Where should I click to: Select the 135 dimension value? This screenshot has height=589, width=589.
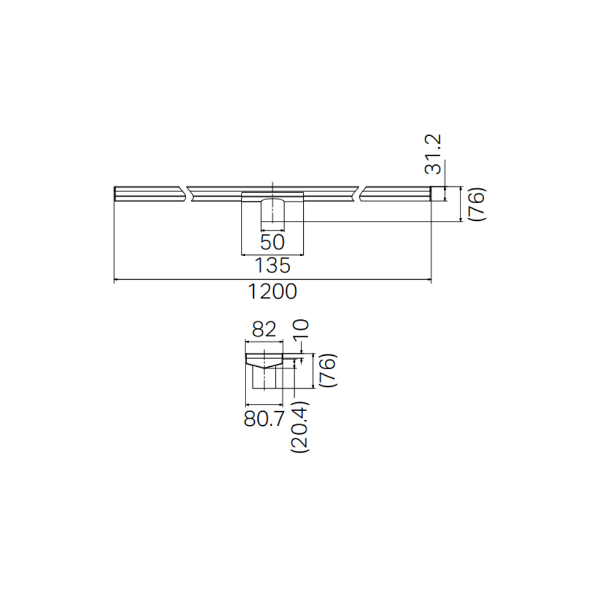[272, 266]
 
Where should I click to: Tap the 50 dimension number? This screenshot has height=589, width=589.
[272, 241]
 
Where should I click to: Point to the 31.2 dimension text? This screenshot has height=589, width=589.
[435, 154]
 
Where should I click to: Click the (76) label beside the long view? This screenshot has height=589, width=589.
[477, 204]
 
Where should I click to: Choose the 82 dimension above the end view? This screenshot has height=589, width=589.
[263, 330]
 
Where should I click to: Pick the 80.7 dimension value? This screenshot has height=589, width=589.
[263, 419]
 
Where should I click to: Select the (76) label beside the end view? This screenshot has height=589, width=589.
[327, 370]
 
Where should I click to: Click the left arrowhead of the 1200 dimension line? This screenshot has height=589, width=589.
[116, 280]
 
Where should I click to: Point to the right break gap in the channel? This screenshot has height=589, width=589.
[359, 194]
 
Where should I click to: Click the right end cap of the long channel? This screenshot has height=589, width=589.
[438, 194]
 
